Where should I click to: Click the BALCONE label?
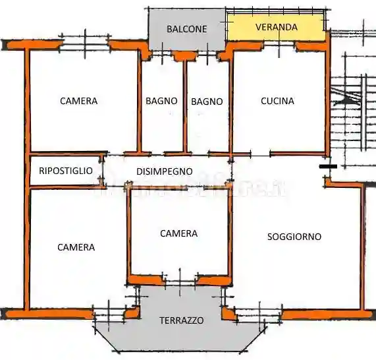point(186,29)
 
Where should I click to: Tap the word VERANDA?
point(277,28)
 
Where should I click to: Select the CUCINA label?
point(277,102)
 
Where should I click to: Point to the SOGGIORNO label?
point(294,236)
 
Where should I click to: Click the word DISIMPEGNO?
point(164,171)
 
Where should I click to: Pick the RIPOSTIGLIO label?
point(66,171)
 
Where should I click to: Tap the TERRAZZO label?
point(181,320)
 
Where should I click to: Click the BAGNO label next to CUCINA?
point(207,102)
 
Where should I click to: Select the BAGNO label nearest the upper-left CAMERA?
point(161,101)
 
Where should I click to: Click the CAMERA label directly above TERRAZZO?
point(178,233)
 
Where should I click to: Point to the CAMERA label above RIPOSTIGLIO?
point(78,101)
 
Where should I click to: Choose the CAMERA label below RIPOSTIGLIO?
point(76,247)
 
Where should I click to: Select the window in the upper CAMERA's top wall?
point(85,45)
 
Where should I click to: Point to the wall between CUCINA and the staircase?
point(327,99)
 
